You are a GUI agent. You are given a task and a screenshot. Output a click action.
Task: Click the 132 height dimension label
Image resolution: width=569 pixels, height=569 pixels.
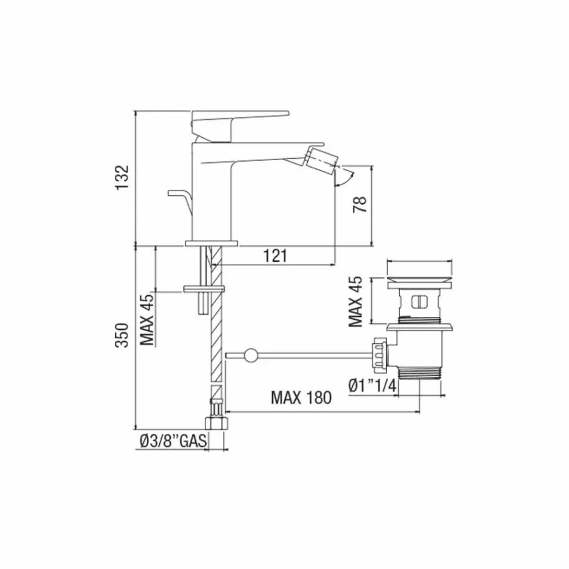tap(122, 178)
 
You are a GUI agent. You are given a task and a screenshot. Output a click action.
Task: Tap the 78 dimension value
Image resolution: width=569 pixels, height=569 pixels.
tap(359, 205)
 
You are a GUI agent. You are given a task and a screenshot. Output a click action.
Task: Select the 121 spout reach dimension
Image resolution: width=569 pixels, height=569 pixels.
tap(275, 256)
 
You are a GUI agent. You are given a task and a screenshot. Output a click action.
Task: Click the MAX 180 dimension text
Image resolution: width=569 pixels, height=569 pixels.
tap(300, 398)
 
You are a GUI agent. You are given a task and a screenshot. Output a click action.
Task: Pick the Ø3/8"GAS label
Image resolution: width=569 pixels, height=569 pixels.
tap(173, 442)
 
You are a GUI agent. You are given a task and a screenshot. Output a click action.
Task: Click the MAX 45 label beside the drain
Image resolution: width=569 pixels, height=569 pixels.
tap(356, 301)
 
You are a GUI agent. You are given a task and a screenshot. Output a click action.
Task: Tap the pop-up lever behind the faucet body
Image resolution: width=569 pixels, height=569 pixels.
tap(180, 198)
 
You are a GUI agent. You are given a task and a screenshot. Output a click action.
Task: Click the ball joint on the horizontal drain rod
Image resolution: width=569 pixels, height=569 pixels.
tap(250, 356)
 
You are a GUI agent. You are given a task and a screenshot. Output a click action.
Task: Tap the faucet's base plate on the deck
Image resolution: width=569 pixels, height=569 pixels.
tap(211, 243)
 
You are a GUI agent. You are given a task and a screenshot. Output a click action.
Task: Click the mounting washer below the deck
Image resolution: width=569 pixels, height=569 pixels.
tap(204, 290)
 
